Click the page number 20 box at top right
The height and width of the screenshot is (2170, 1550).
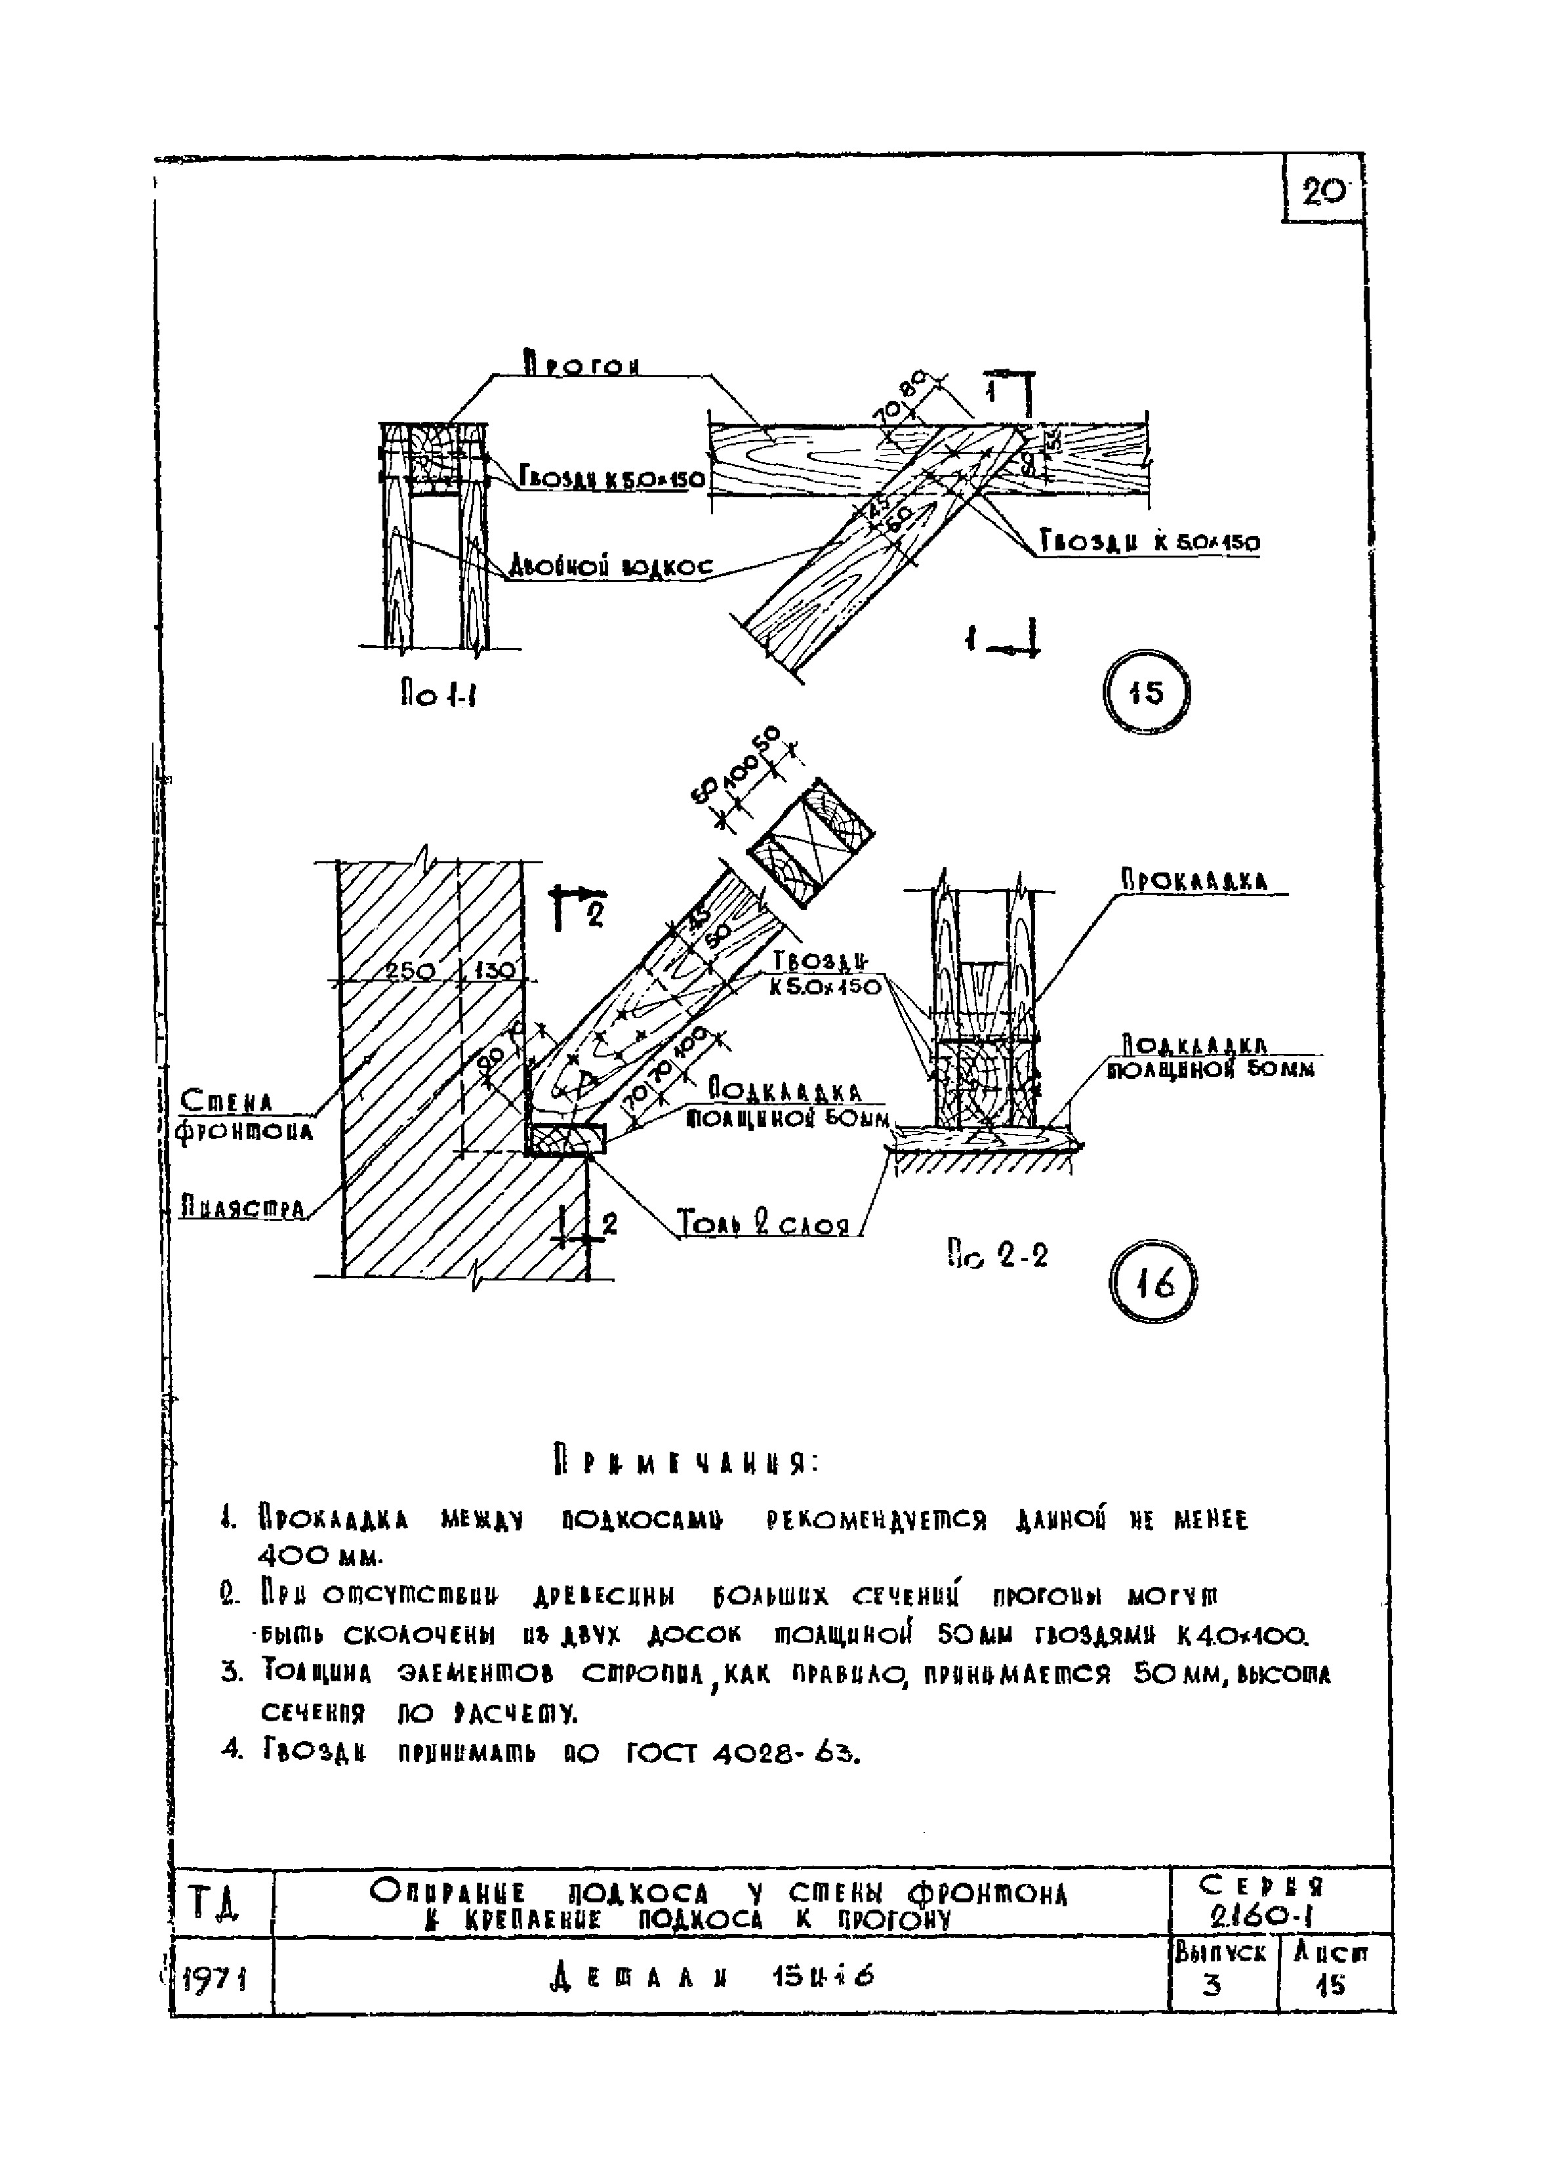(x=1324, y=193)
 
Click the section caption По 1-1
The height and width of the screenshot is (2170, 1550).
(x=438, y=695)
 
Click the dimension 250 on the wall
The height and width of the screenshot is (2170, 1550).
(x=411, y=970)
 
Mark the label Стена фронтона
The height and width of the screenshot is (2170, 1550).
(x=246, y=1116)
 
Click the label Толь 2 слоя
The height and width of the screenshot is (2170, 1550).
(x=763, y=1222)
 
